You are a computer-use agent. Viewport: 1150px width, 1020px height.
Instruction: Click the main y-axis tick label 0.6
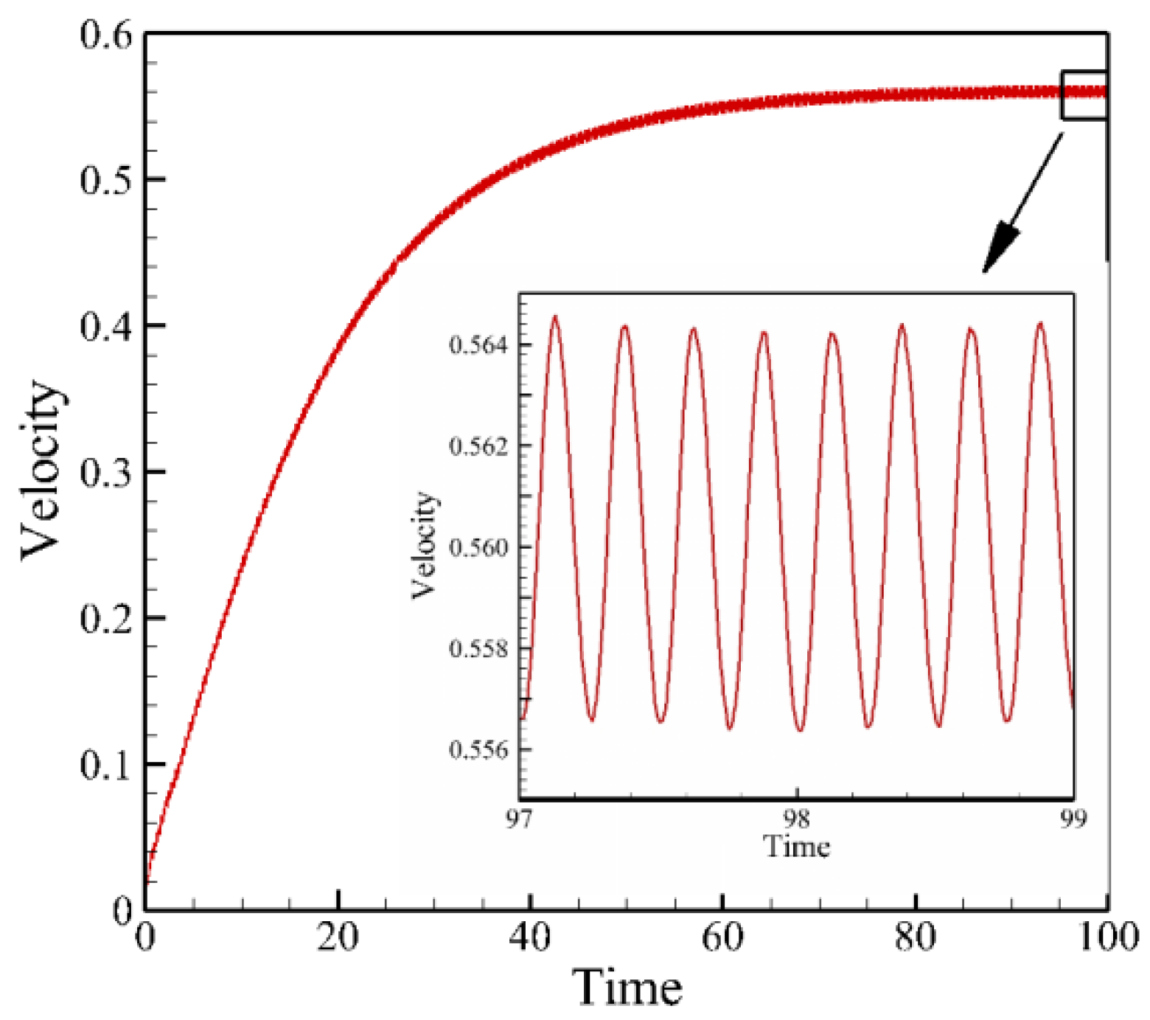pyautogui.click(x=105, y=35)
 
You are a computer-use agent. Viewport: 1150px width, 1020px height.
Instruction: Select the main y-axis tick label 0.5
pyautogui.click(x=105, y=179)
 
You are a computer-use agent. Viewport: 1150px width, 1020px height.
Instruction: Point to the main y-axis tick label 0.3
pyautogui.click(x=105, y=472)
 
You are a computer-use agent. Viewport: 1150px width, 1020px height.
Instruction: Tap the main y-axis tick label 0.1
pyautogui.click(x=105, y=765)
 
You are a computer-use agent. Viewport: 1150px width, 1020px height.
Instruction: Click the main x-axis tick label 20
pyautogui.click(x=338, y=937)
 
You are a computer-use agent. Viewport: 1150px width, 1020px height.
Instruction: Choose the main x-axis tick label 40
pyautogui.click(x=530, y=937)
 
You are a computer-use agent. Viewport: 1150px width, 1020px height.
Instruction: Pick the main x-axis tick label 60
pyautogui.click(x=722, y=937)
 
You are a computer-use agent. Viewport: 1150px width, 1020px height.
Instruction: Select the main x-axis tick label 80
pyautogui.click(x=915, y=937)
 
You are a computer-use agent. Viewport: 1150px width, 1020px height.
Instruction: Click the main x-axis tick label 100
pyautogui.click(x=1107, y=937)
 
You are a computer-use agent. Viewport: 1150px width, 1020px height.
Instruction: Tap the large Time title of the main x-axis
pyautogui.click(x=627, y=988)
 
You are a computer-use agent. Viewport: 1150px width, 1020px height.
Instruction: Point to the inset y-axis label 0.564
pyautogui.click(x=479, y=345)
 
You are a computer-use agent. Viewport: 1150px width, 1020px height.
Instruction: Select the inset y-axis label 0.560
pyautogui.click(x=479, y=547)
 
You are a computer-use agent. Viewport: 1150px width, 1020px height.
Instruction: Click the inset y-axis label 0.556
pyautogui.click(x=479, y=750)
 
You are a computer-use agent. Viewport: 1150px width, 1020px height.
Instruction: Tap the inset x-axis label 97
pyautogui.click(x=519, y=819)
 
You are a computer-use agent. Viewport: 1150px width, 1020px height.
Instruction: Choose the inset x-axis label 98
pyautogui.click(x=796, y=819)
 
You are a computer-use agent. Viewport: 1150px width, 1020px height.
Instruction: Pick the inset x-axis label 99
pyautogui.click(x=1073, y=819)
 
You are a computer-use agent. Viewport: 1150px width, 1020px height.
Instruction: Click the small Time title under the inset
pyautogui.click(x=796, y=846)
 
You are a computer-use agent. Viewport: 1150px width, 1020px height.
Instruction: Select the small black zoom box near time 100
pyautogui.click(x=1084, y=94)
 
